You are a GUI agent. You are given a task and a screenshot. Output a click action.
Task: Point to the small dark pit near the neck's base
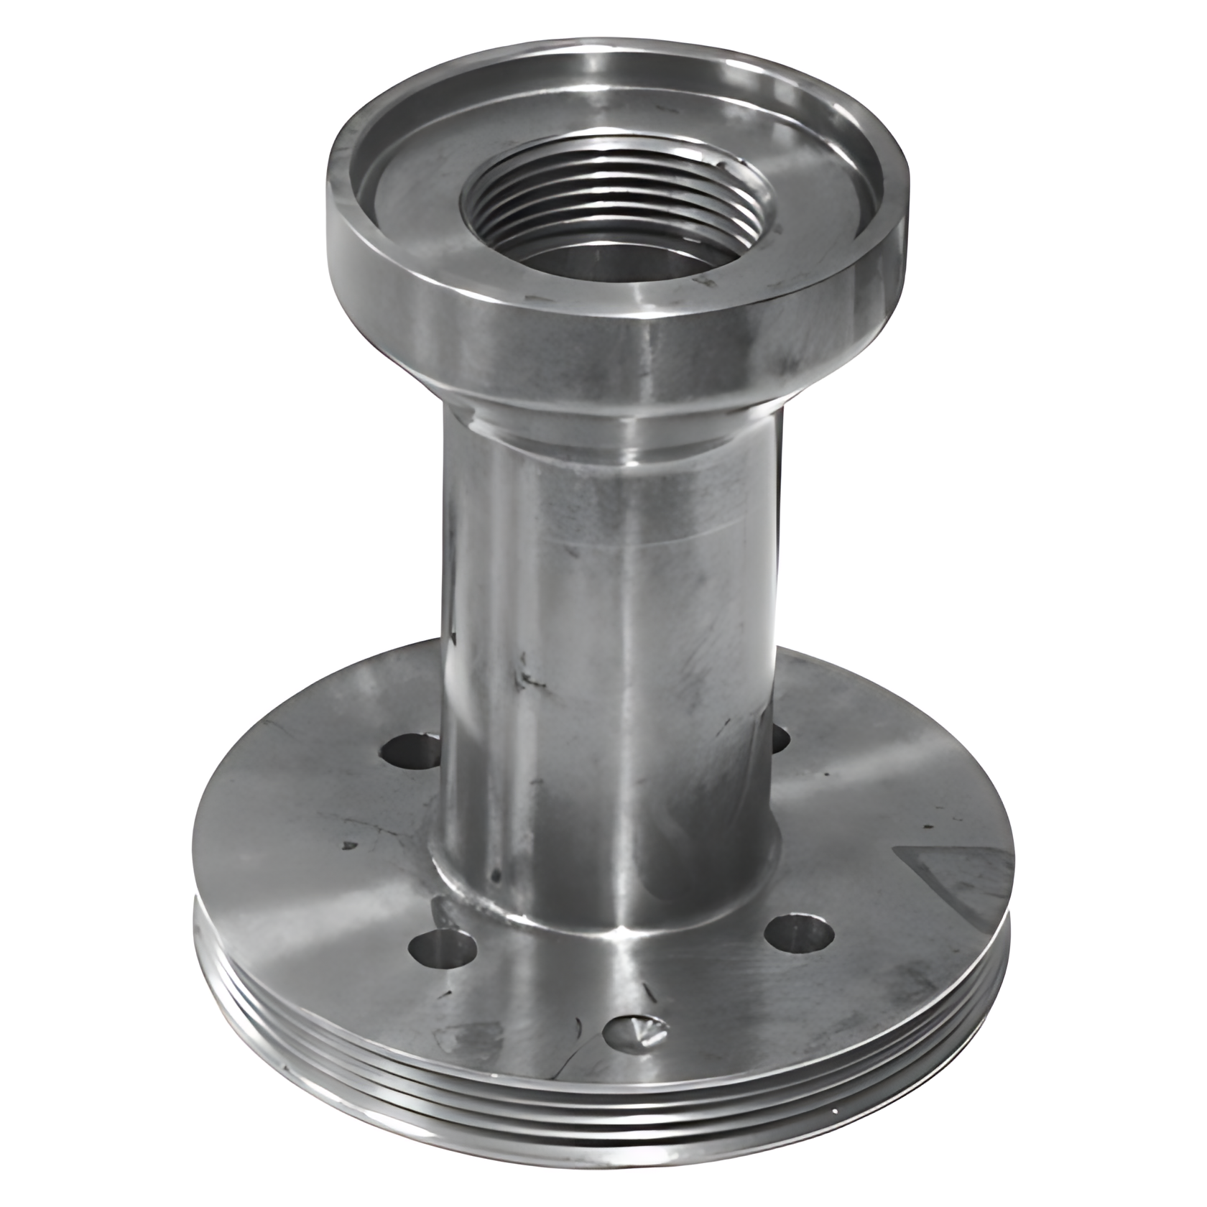coord(495,874)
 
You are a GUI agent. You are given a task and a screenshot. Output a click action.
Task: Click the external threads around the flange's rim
coord(603,1121)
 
